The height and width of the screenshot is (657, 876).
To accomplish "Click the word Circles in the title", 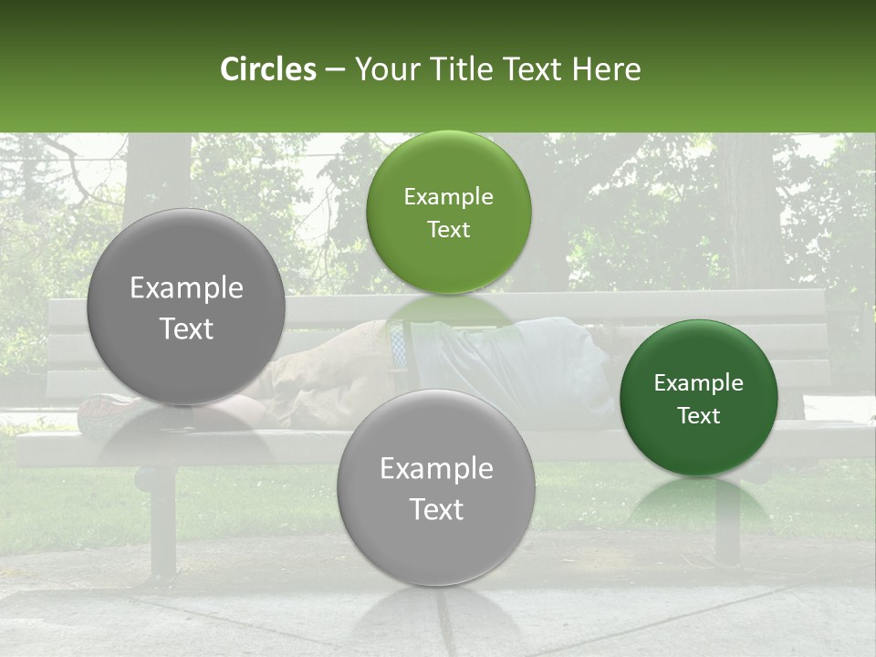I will tap(268, 69).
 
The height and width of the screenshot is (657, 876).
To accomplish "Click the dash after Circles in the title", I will tap(335, 70).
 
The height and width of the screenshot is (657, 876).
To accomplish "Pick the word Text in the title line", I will tap(531, 69).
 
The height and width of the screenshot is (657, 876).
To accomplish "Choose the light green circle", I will tap(448, 213).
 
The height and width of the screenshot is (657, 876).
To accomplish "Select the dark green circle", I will tap(698, 398).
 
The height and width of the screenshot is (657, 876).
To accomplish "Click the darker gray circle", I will tap(186, 308).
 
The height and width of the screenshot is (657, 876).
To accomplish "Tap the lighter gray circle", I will tap(436, 487).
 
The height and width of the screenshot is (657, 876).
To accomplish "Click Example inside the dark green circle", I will tap(698, 383).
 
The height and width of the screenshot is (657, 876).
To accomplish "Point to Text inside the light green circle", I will tap(448, 230).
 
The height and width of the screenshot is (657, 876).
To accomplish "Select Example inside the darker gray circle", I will tap(186, 288).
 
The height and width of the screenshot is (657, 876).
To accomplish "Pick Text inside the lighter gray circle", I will tap(436, 509).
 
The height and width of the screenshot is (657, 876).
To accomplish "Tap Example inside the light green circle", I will tap(448, 197).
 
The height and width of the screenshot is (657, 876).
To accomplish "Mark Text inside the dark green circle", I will tap(698, 416).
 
